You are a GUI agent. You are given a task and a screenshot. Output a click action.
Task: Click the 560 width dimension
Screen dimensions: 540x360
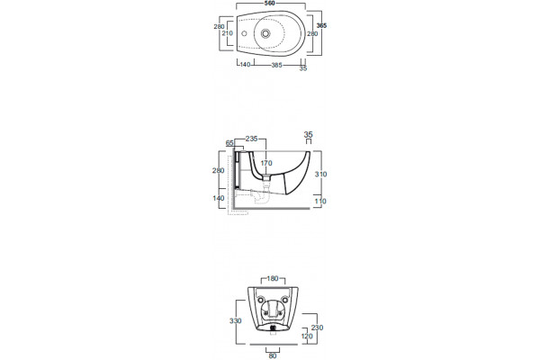(270, 4)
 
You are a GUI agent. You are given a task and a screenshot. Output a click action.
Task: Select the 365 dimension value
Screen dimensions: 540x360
(321, 25)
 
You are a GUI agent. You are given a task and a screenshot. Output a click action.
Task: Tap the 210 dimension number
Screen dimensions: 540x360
(228, 33)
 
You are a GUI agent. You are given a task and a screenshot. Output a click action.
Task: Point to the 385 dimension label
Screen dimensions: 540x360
(277, 65)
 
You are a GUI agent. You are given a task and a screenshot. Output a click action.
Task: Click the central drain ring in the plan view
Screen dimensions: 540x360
(265, 33)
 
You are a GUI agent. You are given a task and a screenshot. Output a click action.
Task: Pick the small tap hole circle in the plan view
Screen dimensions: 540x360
(244, 34)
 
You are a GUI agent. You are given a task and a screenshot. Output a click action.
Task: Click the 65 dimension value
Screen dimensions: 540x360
(229, 143)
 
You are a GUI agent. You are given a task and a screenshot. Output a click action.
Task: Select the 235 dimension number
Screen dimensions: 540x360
(251, 139)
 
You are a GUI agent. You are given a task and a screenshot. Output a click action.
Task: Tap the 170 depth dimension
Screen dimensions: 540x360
(266, 163)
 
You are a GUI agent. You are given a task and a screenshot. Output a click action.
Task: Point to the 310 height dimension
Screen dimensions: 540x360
(320, 175)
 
